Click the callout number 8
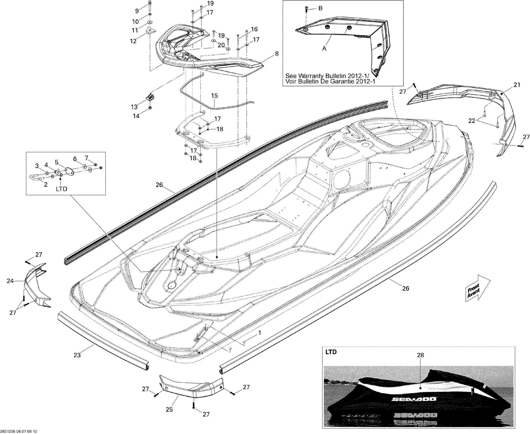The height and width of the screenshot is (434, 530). click(277, 54)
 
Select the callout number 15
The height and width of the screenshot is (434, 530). click(214, 95)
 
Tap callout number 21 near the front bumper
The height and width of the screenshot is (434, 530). click(517, 85)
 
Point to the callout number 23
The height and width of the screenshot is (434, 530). click(77, 355)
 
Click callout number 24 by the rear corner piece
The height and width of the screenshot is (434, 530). click(10, 281)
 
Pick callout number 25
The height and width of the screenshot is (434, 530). click(169, 409)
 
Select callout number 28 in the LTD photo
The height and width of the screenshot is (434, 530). click(420, 355)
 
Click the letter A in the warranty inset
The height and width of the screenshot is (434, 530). click(324, 48)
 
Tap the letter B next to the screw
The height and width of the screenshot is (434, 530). click(320, 8)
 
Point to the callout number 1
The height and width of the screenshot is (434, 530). click(260, 333)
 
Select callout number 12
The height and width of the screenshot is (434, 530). click(133, 41)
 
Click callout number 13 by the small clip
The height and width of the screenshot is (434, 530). click(134, 107)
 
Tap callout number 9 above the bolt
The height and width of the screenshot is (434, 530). click(137, 11)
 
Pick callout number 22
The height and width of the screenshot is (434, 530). click(472, 120)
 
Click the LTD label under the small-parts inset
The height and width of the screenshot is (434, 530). click(61, 189)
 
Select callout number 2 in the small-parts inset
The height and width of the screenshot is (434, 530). click(45, 184)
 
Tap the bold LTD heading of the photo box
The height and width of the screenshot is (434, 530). click(331, 352)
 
